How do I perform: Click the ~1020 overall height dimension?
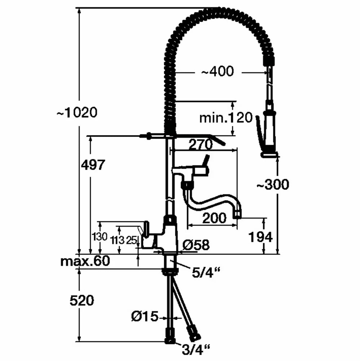click(x=77, y=113)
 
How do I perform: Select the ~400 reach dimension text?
click(x=217, y=72)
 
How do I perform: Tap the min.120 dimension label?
click(x=226, y=118)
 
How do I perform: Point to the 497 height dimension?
click(x=93, y=165)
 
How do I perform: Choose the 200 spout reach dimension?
click(x=214, y=218)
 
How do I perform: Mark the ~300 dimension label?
click(x=273, y=184)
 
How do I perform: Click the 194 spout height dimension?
click(x=260, y=237)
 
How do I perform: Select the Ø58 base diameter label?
click(x=196, y=245)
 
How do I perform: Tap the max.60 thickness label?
click(x=85, y=260)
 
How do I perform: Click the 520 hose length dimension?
click(x=82, y=300)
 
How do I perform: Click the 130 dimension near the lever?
click(x=99, y=237)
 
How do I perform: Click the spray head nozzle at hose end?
click(x=269, y=154)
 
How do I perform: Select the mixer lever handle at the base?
click(x=145, y=229)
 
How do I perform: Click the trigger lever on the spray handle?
click(x=259, y=132)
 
